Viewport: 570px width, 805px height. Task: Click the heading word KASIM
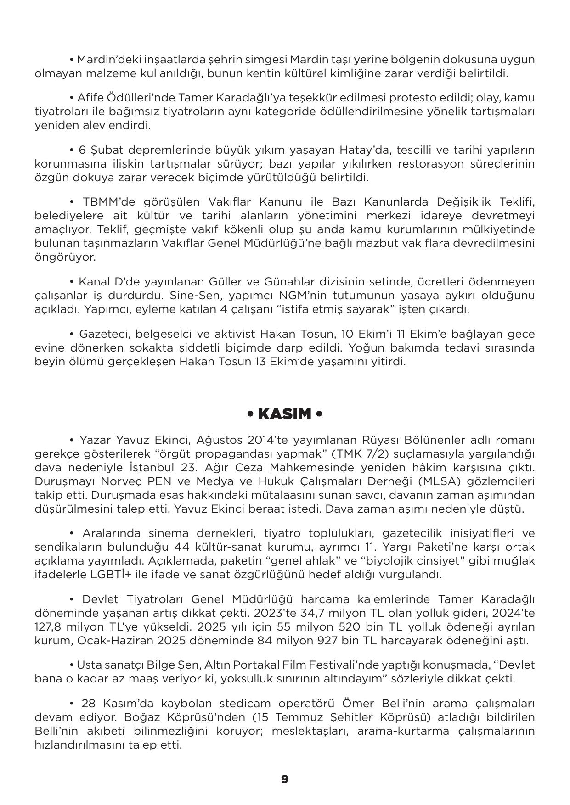pos(284,414)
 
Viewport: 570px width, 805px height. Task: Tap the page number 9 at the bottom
pos(285,779)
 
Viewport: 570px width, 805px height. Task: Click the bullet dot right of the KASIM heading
pos(319,414)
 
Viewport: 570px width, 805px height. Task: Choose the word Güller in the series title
pos(225,282)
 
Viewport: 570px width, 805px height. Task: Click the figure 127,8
pos(51,627)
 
